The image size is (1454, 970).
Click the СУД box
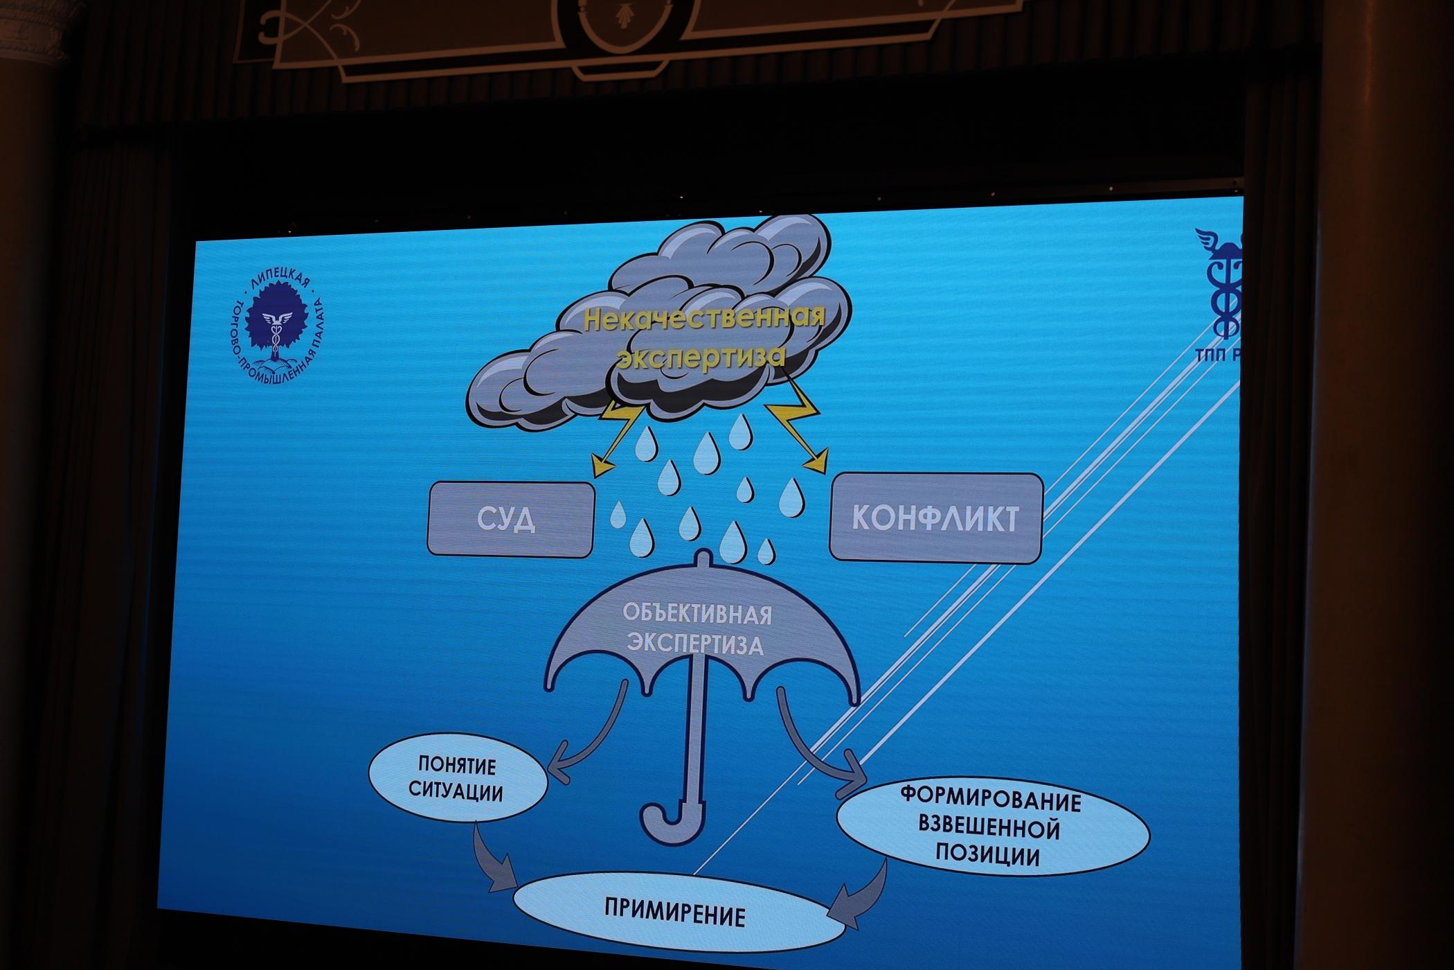coord(510,520)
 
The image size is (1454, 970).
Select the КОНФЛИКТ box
coord(935,518)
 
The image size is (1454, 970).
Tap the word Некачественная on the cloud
coord(704,319)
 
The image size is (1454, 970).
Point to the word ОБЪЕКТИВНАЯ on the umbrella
coord(697,614)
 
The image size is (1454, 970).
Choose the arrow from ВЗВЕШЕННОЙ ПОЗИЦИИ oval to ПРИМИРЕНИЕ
coord(862,894)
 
